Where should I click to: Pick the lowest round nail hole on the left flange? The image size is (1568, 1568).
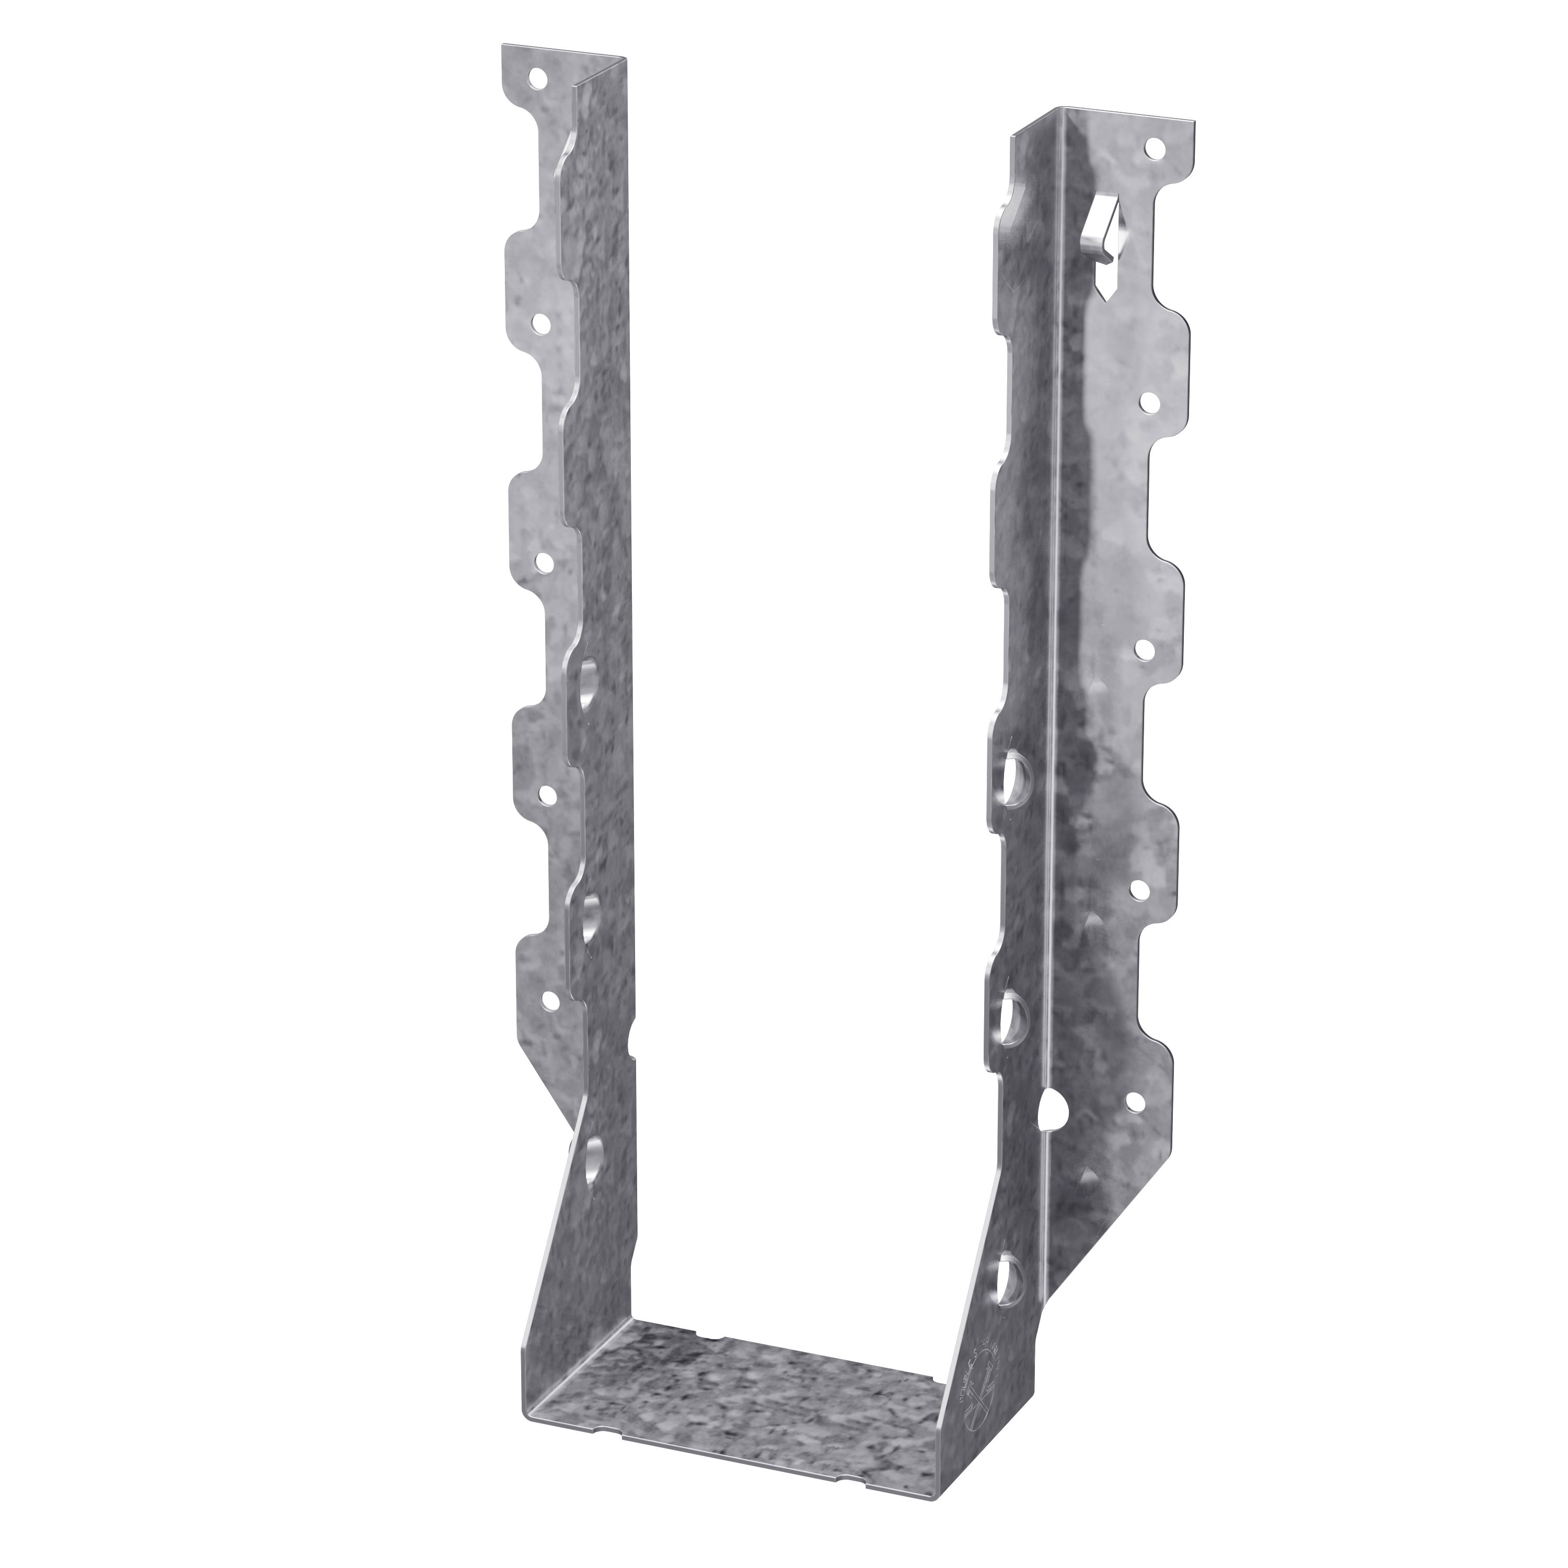tap(551, 1000)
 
